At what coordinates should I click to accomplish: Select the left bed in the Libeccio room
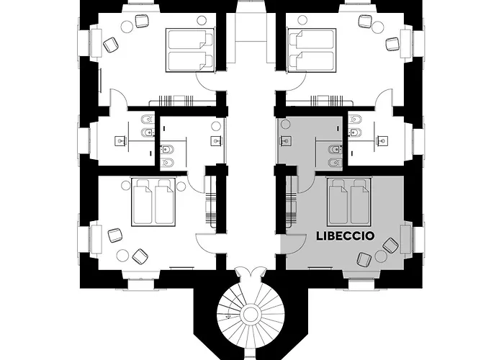pos(338,201)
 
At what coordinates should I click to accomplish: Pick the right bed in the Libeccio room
pos(360,201)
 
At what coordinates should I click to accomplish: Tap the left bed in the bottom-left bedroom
pos(142,202)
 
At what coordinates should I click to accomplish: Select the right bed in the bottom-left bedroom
pos(165,202)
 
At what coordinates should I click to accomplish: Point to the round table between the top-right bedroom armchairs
pos(376,25)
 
